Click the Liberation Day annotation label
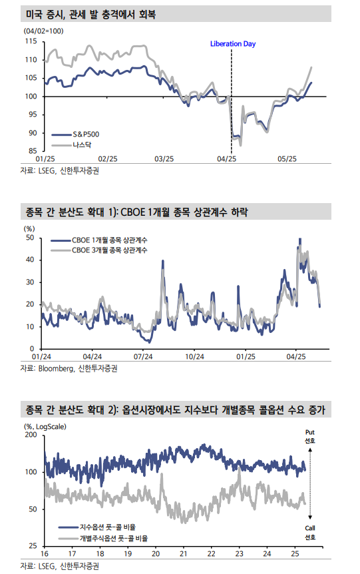232,44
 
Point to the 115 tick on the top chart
31,41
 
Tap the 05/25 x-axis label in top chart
287,159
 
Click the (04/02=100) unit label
43,31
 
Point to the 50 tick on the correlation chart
30,238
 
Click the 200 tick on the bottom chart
30,435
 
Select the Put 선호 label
309,436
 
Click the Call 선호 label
309,532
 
